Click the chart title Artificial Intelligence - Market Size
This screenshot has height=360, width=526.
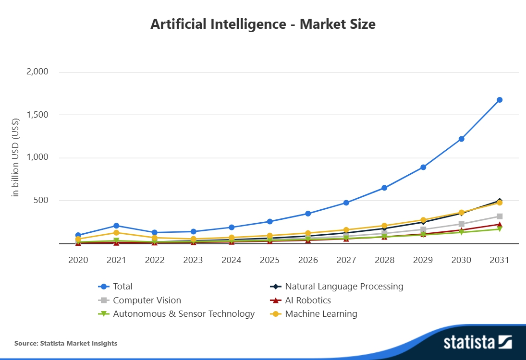(263, 24)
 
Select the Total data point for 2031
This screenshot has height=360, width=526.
(500, 100)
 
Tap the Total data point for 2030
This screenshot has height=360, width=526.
(461, 139)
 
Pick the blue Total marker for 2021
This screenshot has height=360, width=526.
(116, 226)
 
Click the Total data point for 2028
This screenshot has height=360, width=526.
(384, 188)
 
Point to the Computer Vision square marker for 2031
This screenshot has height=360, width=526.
(500, 216)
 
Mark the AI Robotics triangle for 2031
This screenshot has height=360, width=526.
(500, 224)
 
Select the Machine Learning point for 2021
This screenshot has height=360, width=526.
(116, 233)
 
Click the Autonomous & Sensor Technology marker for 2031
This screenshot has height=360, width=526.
(500, 229)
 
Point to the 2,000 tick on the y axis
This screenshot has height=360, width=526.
(37, 72)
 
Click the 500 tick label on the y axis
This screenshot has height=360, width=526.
(41, 200)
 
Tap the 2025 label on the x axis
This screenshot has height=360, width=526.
(269, 260)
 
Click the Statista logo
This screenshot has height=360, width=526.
(477, 342)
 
